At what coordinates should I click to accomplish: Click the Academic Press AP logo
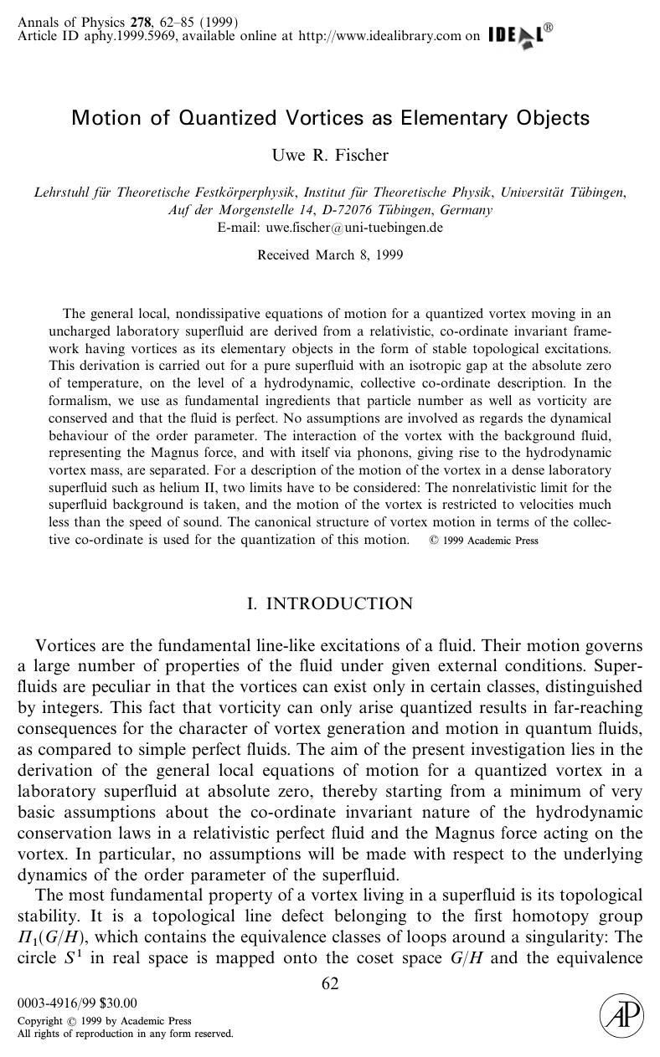pyautogui.click(x=621, y=1016)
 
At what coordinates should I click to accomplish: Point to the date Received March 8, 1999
pyautogui.click(x=330, y=254)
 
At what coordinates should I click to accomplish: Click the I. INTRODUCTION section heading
pyautogui.click(x=330, y=603)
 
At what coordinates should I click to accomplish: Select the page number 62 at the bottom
pyautogui.click(x=330, y=983)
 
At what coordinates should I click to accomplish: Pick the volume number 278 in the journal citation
pyautogui.click(x=130, y=22)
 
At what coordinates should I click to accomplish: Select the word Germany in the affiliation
pyautogui.click(x=465, y=210)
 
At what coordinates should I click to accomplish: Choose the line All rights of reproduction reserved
pyautogui.click(x=125, y=1034)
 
